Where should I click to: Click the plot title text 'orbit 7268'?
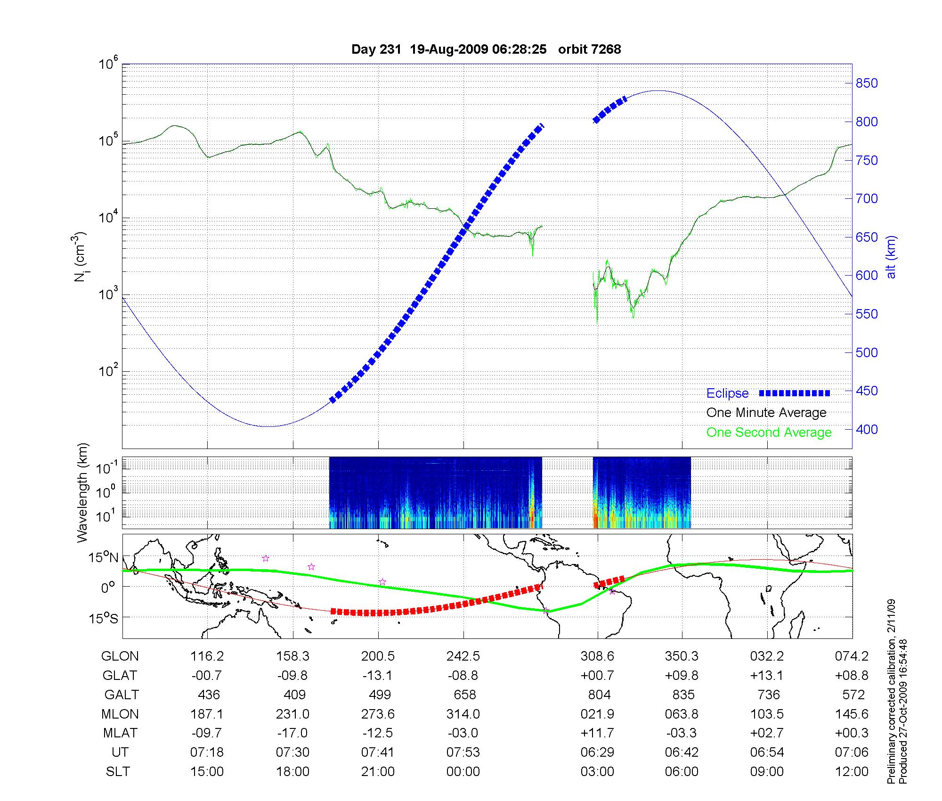click(589, 49)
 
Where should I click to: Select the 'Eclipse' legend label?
click(727, 393)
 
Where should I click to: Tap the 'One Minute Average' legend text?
click(766, 413)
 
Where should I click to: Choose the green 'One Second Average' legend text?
click(769, 433)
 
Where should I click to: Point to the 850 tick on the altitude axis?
click(867, 83)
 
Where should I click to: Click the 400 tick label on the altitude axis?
click(867, 429)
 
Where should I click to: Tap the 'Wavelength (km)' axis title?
click(83, 492)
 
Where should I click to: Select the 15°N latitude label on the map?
click(104, 558)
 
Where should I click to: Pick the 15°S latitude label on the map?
click(104, 618)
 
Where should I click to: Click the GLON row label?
click(120, 656)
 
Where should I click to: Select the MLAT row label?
click(120, 734)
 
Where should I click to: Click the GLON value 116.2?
click(207, 656)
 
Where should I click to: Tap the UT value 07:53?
click(463, 752)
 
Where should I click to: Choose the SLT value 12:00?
click(852, 772)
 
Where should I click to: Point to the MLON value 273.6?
click(378, 714)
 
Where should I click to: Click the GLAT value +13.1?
click(767, 676)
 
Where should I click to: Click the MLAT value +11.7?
click(597, 734)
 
